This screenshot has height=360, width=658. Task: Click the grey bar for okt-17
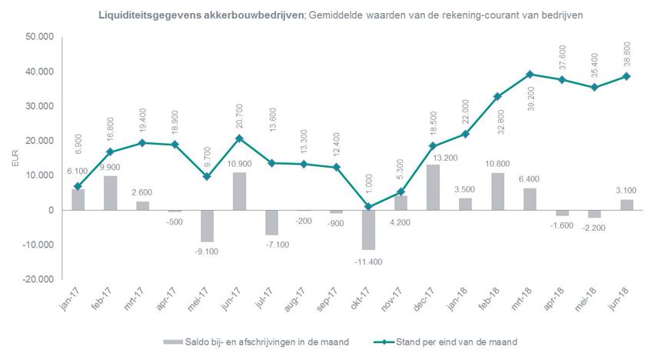[x=369, y=229]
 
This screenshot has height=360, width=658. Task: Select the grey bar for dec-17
[x=434, y=187]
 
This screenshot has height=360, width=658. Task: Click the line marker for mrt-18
[x=530, y=75]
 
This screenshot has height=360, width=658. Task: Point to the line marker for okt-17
[x=369, y=207]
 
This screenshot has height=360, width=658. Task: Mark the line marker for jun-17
[x=240, y=138]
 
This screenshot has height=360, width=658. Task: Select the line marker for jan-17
[x=78, y=186]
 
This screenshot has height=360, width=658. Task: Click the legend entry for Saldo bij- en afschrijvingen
[x=255, y=341]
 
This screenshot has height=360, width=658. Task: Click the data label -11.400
[x=369, y=262]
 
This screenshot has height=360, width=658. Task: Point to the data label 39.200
[x=530, y=99]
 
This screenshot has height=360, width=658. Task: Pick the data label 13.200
[x=434, y=157]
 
